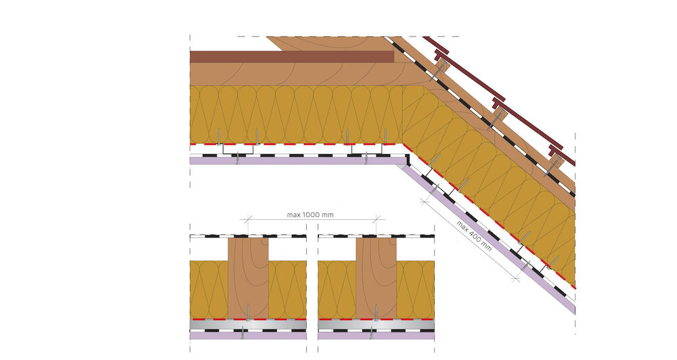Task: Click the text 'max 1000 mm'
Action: pyautogui.click(x=310, y=215)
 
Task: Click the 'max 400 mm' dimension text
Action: pyautogui.click(x=474, y=236)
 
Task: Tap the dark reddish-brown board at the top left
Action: pyautogui.click(x=292, y=57)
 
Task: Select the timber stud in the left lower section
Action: pyautogui.click(x=248, y=278)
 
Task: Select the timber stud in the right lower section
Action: pyautogui.click(x=376, y=278)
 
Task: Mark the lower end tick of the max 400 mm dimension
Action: pyautogui.click(x=515, y=279)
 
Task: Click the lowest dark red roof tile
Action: pyautogui.click(x=562, y=155)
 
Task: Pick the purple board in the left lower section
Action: pyautogui.click(x=248, y=336)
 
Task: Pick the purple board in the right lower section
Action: pyautogui.click(x=376, y=336)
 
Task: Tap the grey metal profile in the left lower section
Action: pyautogui.click(x=248, y=325)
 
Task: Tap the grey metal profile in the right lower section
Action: pyautogui.click(x=376, y=325)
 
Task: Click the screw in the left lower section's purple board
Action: pyautogui.click(x=242, y=332)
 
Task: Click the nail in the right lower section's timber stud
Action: pyautogui.click(x=376, y=313)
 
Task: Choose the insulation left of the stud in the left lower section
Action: pyautogui.click(x=209, y=289)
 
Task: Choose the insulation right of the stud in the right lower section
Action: pyautogui.click(x=416, y=289)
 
